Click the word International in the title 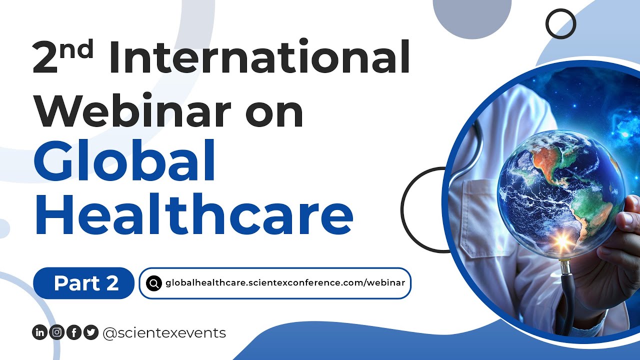(x=259, y=58)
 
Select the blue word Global (x=124, y=160)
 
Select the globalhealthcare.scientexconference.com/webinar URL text (x=285, y=283)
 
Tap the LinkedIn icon (x=39, y=332)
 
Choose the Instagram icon (x=56, y=332)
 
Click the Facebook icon (x=73, y=332)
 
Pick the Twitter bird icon (x=90, y=332)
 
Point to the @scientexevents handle (x=164, y=332)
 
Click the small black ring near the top (x=560, y=23)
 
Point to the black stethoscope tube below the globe (x=567, y=300)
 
